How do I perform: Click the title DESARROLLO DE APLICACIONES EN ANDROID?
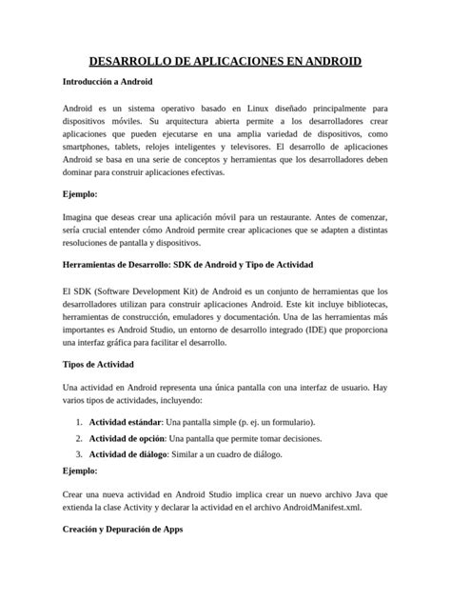[x=225, y=62]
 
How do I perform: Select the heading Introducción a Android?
[x=106, y=83]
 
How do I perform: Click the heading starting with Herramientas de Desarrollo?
[x=186, y=264]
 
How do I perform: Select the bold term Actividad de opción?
[x=127, y=438]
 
